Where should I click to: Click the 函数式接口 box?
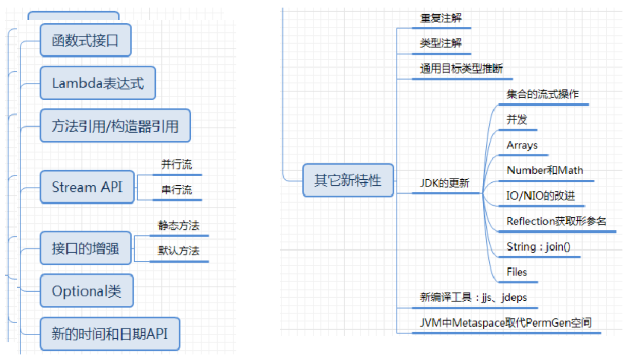(85, 41)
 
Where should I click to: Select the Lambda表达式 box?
(98, 83)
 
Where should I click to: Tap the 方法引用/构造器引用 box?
(115, 126)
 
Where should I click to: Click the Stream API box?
(87, 187)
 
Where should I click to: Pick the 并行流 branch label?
(177, 165)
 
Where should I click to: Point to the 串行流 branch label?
(177, 190)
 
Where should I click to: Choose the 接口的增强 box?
(85, 248)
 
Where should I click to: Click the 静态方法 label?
(179, 226)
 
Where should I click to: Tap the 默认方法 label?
(179, 251)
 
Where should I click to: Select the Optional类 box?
(87, 291)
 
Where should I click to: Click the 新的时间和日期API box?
(109, 334)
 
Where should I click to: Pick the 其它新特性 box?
(348, 180)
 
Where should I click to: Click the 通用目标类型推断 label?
(461, 69)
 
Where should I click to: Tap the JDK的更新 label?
(444, 183)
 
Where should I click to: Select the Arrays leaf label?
(522, 145)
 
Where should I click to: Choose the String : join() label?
(538, 247)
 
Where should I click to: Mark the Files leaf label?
(517, 272)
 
